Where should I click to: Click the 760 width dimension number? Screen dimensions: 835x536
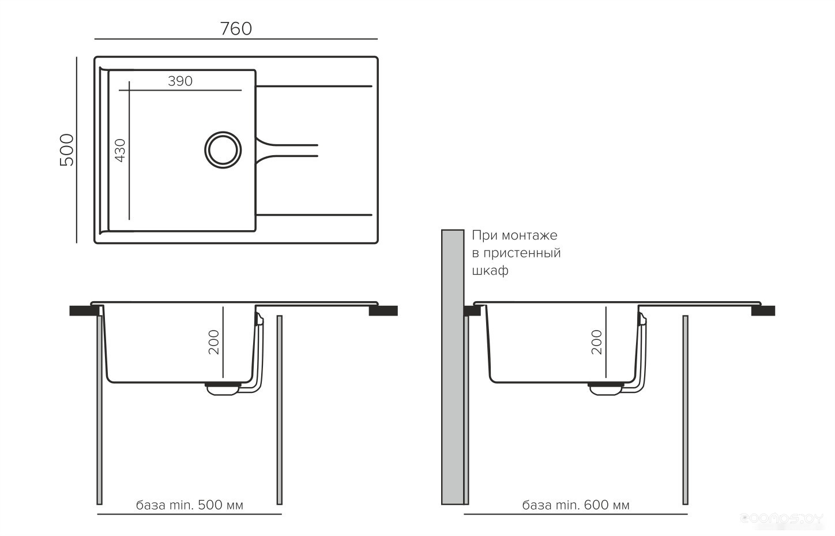pyautogui.click(x=236, y=29)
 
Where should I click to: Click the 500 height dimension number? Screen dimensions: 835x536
pyautogui.click(x=67, y=149)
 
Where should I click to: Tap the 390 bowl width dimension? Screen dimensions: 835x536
pyautogui.click(x=180, y=81)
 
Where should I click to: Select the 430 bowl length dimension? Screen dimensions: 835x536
pyautogui.click(x=120, y=151)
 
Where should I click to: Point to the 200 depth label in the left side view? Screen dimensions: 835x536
pyautogui.click(x=214, y=342)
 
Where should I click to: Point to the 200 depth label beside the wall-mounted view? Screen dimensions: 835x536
pyautogui.click(x=597, y=342)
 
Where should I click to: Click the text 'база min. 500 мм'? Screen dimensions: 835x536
pyautogui.click(x=189, y=505)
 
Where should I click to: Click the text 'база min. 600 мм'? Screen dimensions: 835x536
pyautogui.click(x=576, y=505)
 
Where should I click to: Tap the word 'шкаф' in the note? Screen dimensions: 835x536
pyautogui.click(x=490, y=271)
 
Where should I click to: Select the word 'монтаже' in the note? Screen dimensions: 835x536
pyautogui.click(x=529, y=235)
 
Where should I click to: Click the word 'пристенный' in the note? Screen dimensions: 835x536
pyautogui.click(x=522, y=253)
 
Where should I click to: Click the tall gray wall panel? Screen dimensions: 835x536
pyautogui.click(x=453, y=367)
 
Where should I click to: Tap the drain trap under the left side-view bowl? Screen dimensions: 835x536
pyautogui.click(x=223, y=389)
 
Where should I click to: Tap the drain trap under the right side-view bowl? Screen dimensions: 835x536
pyautogui.click(x=605, y=389)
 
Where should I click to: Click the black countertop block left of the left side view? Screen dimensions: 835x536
pyautogui.click(x=81, y=311)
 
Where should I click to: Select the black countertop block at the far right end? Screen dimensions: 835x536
pyautogui.click(x=763, y=311)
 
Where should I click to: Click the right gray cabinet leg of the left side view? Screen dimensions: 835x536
pyautogui.click(x=280, y=410)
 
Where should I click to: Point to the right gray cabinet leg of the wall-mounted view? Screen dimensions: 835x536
pyautogui.click(x=685, y=410)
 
